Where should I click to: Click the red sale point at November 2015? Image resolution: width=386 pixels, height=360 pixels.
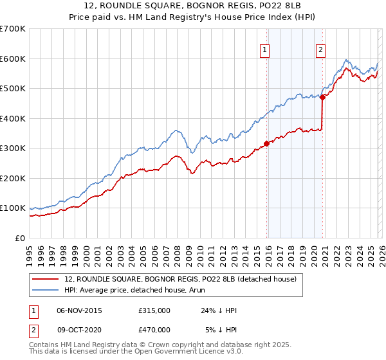click(266, 144)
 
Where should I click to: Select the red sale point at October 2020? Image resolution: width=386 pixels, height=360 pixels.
click(323, 98)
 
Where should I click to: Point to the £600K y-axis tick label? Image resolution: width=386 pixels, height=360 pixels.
click(12, 59)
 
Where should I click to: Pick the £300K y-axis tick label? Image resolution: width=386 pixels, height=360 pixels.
click(12, 148)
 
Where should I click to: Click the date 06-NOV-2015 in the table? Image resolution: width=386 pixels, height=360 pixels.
click(79, 310)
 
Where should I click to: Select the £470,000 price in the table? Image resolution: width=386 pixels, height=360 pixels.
click(154, 330)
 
